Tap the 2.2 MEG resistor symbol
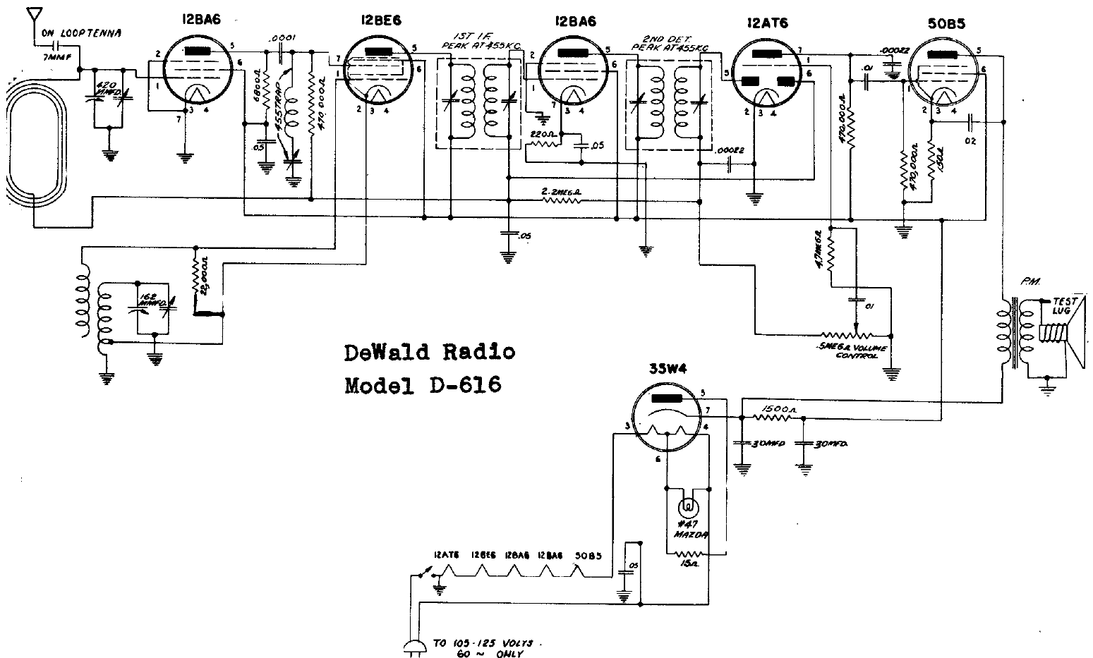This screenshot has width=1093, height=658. click(561, 200)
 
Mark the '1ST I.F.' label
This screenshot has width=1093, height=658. click(470, 35)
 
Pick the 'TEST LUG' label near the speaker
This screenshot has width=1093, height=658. click(1062, 305)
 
